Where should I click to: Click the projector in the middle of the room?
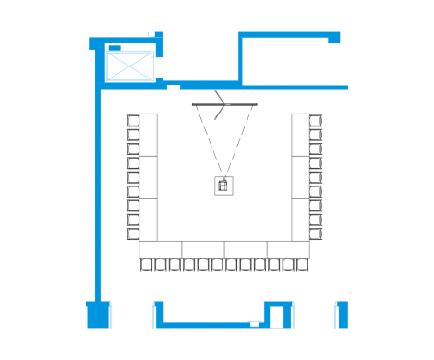tap(223, 185)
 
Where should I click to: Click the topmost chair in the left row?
tap(133, 121)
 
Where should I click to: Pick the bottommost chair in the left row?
tap(133, 234)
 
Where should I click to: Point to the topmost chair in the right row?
tap(316, 121)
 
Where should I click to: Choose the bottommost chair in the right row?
tap(316, 234)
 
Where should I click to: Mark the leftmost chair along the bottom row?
tap(147, 266)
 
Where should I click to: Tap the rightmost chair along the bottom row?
tap(301, 266)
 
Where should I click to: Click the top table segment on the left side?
tap(148, 134)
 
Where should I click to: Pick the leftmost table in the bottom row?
tap(161, 250)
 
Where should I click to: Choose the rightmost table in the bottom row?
tap(288, 250)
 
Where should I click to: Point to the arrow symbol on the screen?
tap(220, 104)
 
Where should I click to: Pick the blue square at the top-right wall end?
tap(334, 38)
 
